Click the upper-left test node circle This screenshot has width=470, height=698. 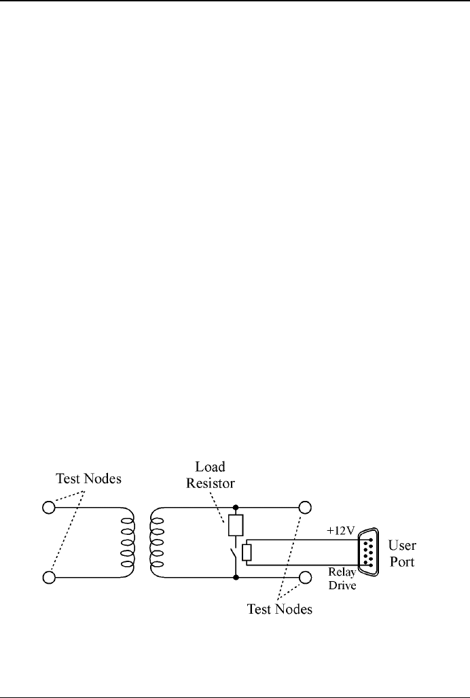coord(48,507)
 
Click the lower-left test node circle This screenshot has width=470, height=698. coord(48,577)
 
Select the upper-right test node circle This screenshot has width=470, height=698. coord(305,507)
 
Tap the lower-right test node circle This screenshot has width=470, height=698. coord(305,577)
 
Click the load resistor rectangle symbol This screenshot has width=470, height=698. coord(235,525)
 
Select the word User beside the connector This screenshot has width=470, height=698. coord(401,545)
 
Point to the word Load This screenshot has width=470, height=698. coord(209,467)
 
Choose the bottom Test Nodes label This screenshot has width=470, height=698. coord(279,609)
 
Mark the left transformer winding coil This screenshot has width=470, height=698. coord(126,542)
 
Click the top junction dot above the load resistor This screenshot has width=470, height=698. coord(235,507)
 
